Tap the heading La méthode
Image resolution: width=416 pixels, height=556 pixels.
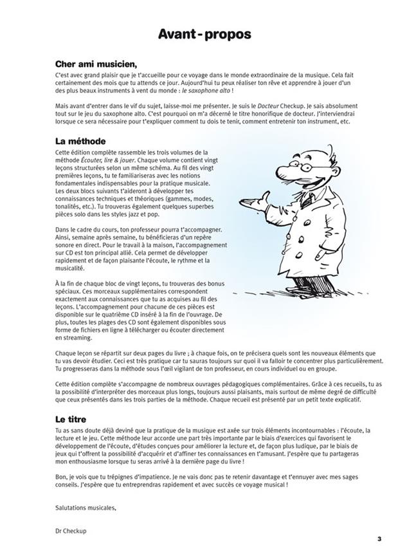[x=80, y=140]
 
